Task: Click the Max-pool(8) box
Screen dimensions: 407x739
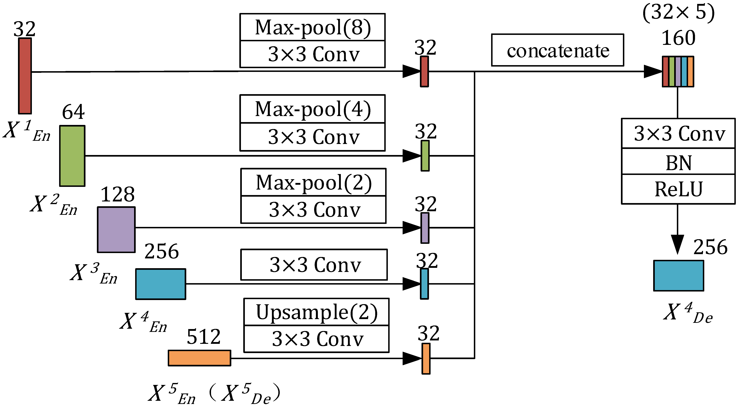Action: [312, 27]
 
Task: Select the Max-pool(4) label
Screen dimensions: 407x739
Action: [312, 109]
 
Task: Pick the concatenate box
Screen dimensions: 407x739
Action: [557, 50]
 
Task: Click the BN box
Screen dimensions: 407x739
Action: [678, 161]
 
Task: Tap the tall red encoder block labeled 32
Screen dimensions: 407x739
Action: [25, 76]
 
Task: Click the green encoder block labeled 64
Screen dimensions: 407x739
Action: [72, 156]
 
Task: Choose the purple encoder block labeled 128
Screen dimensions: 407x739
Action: [116, 230]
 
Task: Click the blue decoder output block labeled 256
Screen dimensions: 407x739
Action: [678, 276]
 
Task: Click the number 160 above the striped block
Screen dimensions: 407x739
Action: [678, 38]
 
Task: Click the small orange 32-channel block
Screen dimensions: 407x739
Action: [426, 359]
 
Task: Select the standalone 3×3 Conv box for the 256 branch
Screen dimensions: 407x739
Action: [314, 265]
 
